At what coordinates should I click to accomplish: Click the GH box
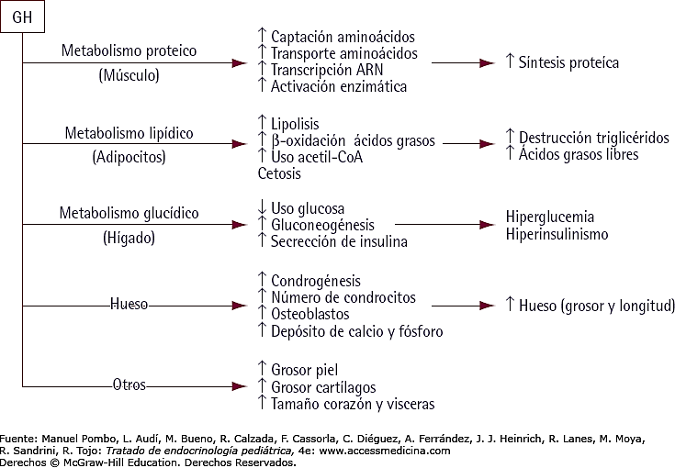[x=22, y=17]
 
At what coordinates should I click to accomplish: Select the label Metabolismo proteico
[x=129, y=50]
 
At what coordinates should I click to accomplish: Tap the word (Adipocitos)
[x=129, y=157]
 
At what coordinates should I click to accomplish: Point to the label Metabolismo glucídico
[x=129, y=213]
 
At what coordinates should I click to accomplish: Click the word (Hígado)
[x=129, y=238]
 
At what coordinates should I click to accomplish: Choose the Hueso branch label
[x=129, y=304]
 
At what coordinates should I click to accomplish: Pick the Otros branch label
[x=129, y=384]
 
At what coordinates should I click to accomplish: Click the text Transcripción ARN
[x=327, y=70]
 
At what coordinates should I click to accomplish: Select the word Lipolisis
[x=295, y=124]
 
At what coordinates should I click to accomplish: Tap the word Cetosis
[x=279, y=173]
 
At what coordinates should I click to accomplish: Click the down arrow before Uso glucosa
[x=262, y=207]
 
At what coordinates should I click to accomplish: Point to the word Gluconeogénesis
[x=322, y=225]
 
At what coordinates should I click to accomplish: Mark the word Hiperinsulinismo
[x=557, y=234]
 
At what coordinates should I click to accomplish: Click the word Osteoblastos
[x=310, y=314]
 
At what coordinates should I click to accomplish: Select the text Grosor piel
[x=304, y=370]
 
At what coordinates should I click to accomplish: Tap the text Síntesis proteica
[x=568, y=62]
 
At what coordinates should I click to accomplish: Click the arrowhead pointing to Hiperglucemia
[x=488, y=225]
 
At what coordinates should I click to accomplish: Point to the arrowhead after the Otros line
[x=240, y=386]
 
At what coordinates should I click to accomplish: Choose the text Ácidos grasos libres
[x=579, y=154]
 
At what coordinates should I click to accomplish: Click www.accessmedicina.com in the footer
[x=385, y=451]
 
